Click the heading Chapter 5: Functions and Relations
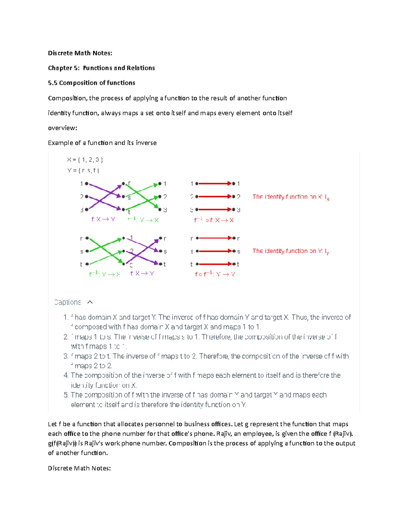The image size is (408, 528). [101, 68]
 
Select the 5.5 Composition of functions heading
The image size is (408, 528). [91, 83]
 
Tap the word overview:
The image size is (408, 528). [63, 128]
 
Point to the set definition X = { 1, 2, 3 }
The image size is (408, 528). [85, 160]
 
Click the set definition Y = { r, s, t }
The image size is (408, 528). [83, 170]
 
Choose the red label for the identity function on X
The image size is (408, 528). [291, 197]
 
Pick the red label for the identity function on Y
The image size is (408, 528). [291, 251]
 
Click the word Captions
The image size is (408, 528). [68, 302]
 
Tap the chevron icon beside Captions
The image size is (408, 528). [90, 302]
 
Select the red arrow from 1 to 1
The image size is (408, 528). [215, 184]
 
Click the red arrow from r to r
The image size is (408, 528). [215, 238]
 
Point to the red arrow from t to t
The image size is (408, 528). [215, 264]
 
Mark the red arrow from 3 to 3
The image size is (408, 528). [215, 209]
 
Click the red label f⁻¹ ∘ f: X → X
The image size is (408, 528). [214, 220]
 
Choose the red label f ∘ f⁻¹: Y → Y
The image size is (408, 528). [215, 274]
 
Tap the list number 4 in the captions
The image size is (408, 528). [66, 376]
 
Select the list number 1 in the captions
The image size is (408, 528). [66, 318]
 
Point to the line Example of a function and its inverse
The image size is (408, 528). [102, 143]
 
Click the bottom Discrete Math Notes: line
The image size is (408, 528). [79, 469]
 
